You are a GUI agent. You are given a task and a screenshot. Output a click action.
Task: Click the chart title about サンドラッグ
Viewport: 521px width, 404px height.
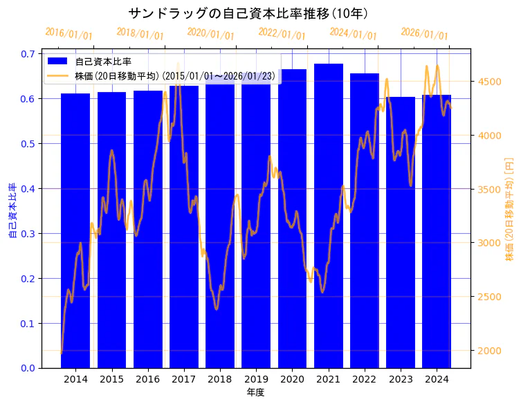tap(248, 14)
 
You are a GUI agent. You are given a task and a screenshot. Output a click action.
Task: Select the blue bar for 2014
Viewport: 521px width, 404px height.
tap(75, 235)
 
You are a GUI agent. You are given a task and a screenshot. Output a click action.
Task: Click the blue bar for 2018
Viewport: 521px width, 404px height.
tap(220, 228)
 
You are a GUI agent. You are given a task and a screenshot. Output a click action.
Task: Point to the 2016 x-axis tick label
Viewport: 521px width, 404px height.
tap(147, 379)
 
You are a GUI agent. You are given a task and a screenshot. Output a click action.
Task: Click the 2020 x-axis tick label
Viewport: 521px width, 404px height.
tap(292, 379)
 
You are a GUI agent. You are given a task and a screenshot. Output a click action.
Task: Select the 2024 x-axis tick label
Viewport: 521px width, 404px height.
tap(437, 379)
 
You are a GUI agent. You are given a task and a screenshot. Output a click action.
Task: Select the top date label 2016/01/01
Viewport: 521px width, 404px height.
tap(68, 34)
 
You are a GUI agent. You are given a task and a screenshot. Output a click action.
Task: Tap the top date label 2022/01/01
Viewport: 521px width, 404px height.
tap(282, 34)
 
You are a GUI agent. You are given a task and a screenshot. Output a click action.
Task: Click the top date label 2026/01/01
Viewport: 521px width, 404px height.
tap(424, 34)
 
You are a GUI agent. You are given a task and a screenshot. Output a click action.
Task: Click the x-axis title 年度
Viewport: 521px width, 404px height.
tap(255, 392)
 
